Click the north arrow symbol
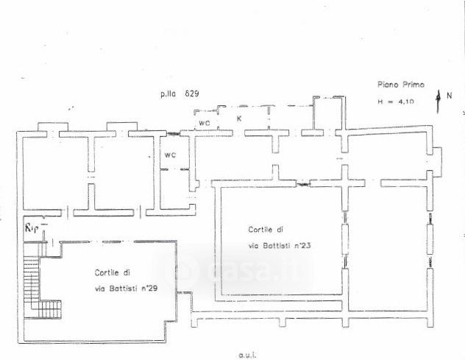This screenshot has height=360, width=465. (x=439, y=100)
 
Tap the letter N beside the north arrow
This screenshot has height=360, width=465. (x=449, y=95)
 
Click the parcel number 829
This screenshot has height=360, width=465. (x=193, y=93)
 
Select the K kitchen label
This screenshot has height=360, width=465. (x=239, y=118)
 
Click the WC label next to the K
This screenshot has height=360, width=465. (x=205, y=123)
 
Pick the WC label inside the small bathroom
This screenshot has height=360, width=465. (x=170, y=155)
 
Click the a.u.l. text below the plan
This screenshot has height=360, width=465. (x=247, y=354)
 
